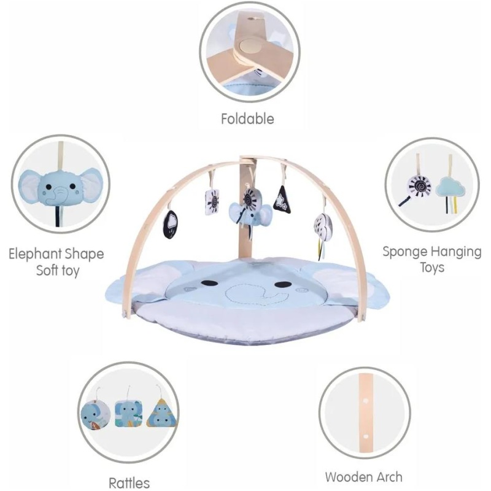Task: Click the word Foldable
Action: point(247,119)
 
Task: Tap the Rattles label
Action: point(129,482)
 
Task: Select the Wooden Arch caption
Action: point(363,477)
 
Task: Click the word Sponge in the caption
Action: point(405,252)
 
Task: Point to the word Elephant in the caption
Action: point(34,253)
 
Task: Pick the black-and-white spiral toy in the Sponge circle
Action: point(419,187)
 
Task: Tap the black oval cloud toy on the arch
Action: point(171,224)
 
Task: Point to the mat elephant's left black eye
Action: point(209,283)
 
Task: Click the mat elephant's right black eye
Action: point(283,284)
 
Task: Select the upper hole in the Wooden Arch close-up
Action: point(365,400)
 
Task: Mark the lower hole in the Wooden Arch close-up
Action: point(365,436)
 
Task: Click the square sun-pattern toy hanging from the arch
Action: point(212,202)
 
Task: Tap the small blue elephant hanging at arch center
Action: point(250,214)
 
